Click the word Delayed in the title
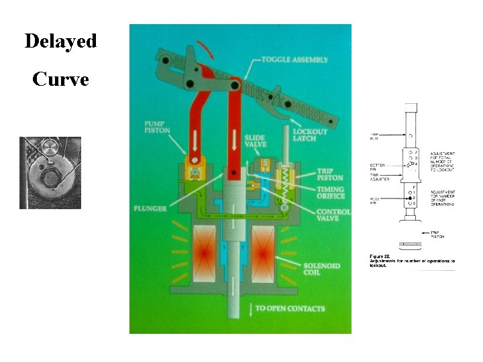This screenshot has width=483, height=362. [60, 41]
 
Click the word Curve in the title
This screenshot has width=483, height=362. [60, 80]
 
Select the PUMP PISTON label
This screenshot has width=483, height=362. [158, 128]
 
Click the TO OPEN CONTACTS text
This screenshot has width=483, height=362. [290, 309]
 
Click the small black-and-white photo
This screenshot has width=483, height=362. [50, 173]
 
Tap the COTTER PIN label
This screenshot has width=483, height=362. [377, 168]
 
